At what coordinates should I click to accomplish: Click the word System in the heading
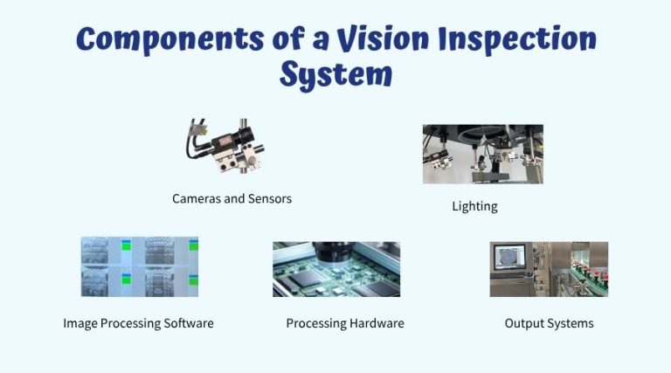click(335, 75)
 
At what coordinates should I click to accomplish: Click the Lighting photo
click(482, 154)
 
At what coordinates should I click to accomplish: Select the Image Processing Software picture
click(139, 266)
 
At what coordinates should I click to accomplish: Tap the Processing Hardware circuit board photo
click(335, 269)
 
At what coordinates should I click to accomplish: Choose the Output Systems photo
click(548, 269)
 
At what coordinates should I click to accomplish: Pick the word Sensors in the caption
click(268, 199)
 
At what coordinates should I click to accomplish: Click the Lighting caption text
click(474, 207)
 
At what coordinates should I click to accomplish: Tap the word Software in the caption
click(187, 324)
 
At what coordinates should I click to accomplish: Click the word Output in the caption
click(522, 324)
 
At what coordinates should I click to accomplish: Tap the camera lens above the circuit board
click(336, 253)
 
